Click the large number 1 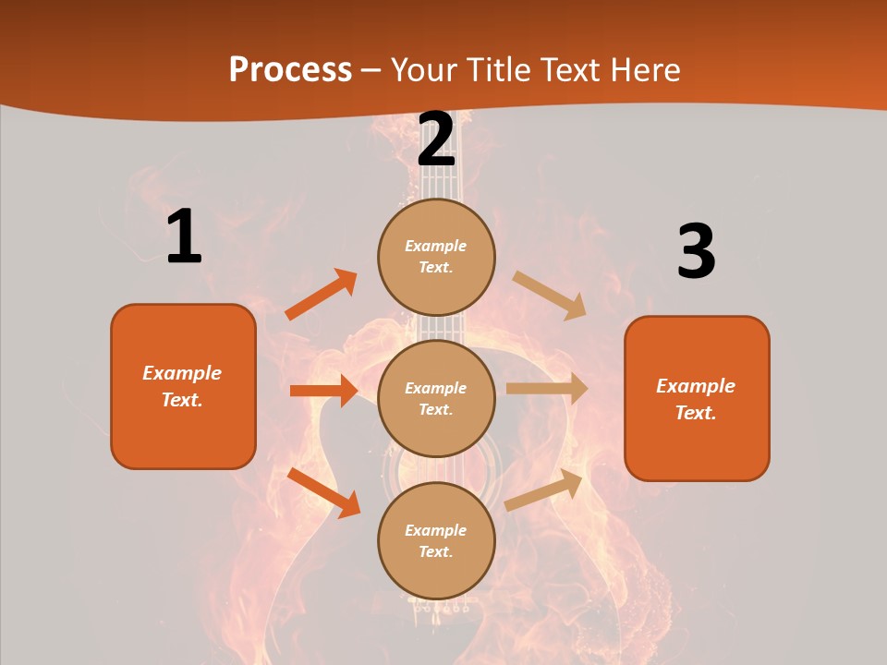(184, 236)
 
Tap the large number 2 (436, 139)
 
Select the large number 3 (696, 251)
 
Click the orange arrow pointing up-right (322, 295)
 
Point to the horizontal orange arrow (323, 391)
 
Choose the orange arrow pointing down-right (323, 491)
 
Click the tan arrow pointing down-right (549, 295)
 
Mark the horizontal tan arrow (547, 389)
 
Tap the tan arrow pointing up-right (544, 490)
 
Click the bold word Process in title (290, 69)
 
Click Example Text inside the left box (182, 386)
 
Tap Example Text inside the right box (696, 399)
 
